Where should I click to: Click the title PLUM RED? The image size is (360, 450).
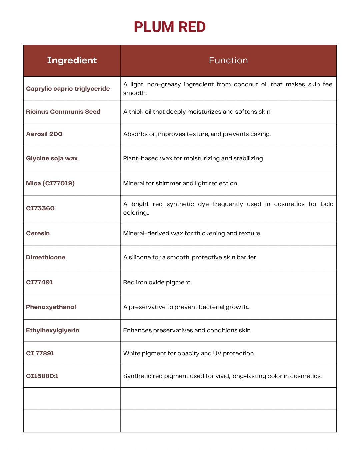(x=170, y=27)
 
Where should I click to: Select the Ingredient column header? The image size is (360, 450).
(x=72, y=60)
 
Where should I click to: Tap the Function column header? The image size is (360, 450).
(x=228, y=60)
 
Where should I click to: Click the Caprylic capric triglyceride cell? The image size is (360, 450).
(x=68, y=89)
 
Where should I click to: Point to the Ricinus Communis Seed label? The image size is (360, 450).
(x=63, y=112)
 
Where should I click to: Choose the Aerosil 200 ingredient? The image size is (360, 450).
(x=44, y=134)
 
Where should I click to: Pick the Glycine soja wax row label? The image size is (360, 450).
(x=52, y=158)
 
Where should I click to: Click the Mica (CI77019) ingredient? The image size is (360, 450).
(x=50, y=183)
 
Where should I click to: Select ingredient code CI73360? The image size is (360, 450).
(x=40, y=208)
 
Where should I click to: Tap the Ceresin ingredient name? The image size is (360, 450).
(x=38, y=233)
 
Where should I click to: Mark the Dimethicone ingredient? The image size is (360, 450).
(x=46, y=257)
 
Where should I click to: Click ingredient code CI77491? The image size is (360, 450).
(x=40, y=282)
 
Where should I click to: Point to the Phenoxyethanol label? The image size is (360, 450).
(x=51, y=307)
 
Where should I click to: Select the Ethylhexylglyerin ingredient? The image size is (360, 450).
(x=53, y=330)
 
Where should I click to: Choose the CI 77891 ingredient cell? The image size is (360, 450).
(x=40, y=353)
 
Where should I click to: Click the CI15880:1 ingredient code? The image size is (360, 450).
(x=42, y=376)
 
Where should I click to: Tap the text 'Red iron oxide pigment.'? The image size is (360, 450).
(x=157, y=282)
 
